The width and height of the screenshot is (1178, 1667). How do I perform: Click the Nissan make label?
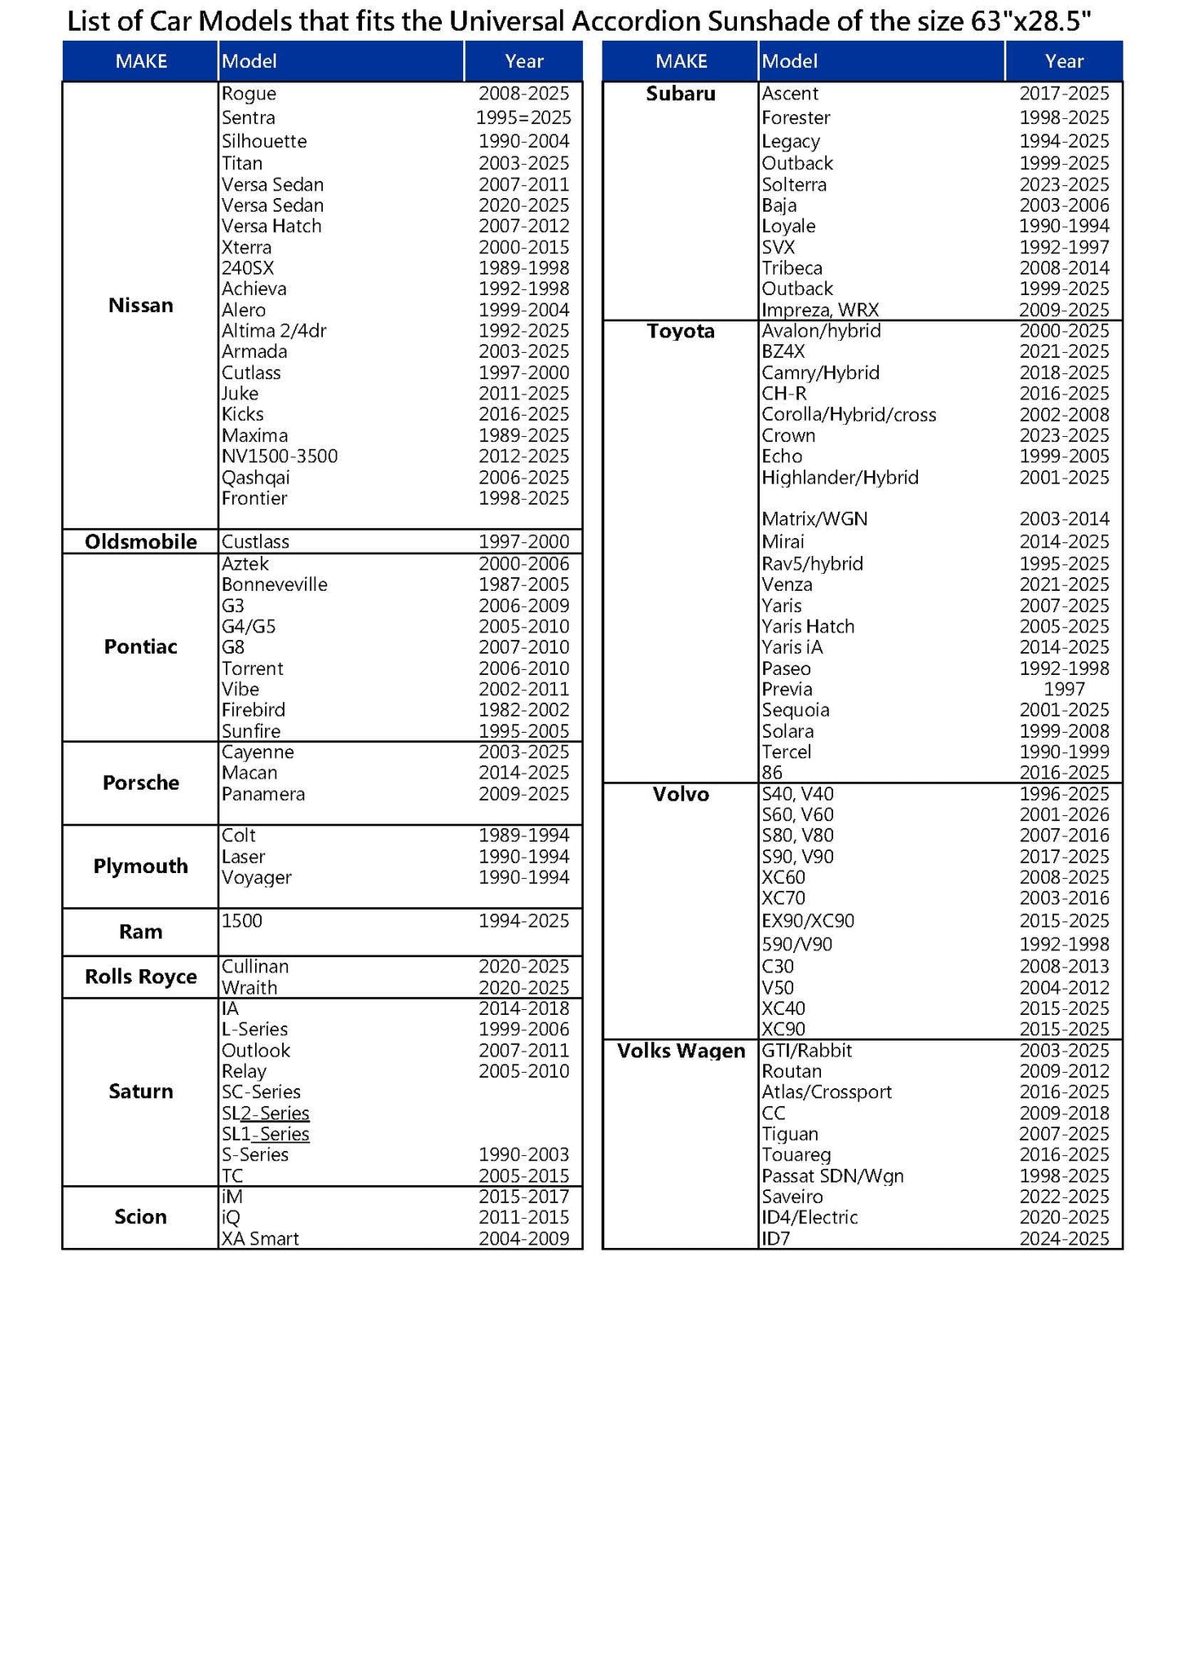pyautogui.click(x=140, y=306)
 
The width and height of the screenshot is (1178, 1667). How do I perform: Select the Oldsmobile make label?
pyautogui.click(x=140, y=542)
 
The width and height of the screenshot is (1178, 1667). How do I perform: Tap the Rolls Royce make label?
pyautogui.click(x=140, y=977)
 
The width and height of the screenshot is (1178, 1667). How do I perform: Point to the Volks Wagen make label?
pyautogui.click(x=681, y=1051)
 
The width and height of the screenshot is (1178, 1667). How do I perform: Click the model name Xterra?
pyautogui.click(x=246, y=248)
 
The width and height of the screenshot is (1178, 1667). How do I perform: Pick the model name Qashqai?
pyautogui.click(x=255, y=478)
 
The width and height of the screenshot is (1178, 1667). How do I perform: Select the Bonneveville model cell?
pyautogui.click(x=274, y=584)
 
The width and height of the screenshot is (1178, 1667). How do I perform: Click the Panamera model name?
pyautogui.click(x=263, y=794)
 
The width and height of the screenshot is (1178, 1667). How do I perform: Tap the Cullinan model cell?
pyautogui.click(x=254, y=967)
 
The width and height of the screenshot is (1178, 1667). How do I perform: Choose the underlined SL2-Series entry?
pyautogui.click(x=265, y=1114)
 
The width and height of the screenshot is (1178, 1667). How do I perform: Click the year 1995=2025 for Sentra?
pyautogui.click(x=523, y=118)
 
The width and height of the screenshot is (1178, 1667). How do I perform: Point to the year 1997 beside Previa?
pyautogui.click(x=1064, y=690)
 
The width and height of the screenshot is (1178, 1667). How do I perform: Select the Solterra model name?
pyautogui.click(x=793, y=185)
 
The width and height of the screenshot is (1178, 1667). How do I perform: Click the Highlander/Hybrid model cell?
pyautogui.click(x=840, y=478)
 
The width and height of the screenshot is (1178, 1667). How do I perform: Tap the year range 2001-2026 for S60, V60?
pyautogui.click(x=1064, y=815)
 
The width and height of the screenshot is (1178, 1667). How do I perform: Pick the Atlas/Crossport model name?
pyautogui.click(x=826, y=1092)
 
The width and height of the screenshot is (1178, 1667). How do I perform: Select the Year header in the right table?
pyautogui.click(x=1064, y=61)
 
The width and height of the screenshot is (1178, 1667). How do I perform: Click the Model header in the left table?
pyautogui.click(x=249, y=61)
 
